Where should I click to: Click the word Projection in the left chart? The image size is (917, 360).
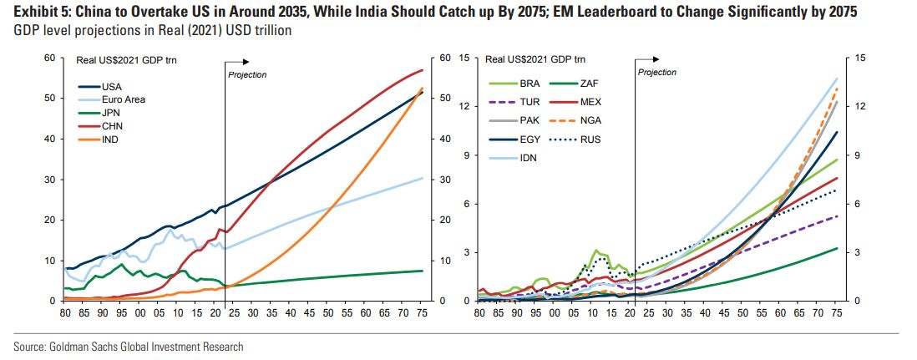pyautogui.click(x=247, y=75)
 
